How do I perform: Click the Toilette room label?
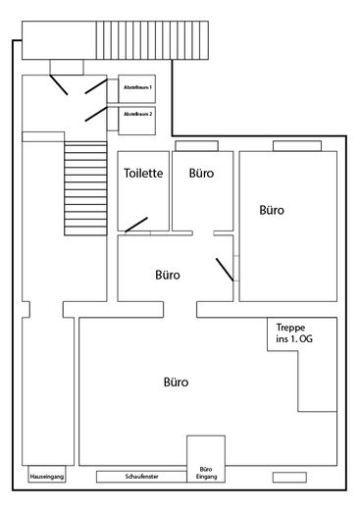143,173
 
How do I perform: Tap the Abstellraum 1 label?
137,87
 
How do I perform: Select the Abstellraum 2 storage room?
136,121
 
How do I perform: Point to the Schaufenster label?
141,477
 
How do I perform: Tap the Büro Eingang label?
206,473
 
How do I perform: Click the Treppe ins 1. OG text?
294,333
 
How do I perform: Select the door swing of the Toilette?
136,225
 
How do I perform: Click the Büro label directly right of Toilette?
201,173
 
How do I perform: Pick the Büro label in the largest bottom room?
176,382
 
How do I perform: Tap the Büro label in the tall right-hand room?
272,210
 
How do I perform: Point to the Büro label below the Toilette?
168,275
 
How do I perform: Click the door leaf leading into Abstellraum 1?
96,86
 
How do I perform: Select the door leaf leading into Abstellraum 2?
96,114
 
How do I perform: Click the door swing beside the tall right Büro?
225,270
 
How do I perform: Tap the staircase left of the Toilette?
85,188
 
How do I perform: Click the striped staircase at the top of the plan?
152,40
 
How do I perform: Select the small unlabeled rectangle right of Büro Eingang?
289,478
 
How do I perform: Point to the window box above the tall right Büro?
297,146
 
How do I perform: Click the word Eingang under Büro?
207,477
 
